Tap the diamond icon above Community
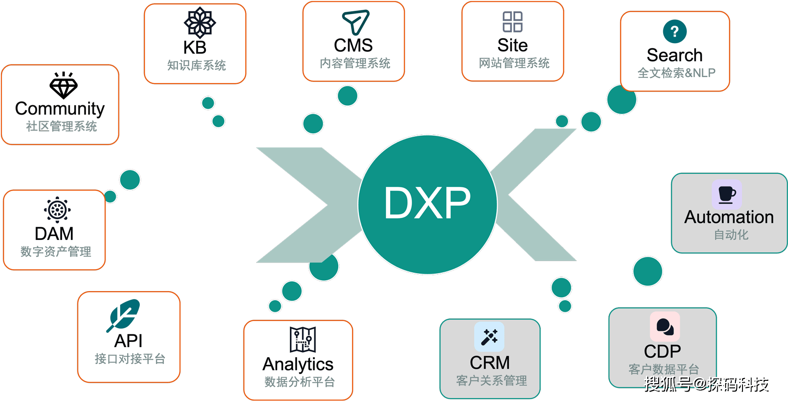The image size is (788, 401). click(63, 85)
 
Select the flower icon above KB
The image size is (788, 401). click(200, 23)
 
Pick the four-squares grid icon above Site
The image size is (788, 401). click(513, 22)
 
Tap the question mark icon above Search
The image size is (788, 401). click(674, 31)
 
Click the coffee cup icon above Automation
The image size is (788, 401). click(727, 195)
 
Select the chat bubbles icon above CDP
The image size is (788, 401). click(665, 326)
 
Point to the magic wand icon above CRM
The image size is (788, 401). click(489, 337)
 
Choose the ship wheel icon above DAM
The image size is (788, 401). click(57, 210)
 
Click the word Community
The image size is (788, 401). click(60, 109)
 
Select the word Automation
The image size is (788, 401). click(729, 217)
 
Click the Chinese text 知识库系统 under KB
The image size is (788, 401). click(196, 65)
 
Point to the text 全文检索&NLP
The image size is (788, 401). click(676, 73)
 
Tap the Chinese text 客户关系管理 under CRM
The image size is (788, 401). click(492, 381)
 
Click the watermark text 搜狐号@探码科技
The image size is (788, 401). click(707, 384)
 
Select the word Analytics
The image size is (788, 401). click(298, 364)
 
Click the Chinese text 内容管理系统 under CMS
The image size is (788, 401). click(355, 63)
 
